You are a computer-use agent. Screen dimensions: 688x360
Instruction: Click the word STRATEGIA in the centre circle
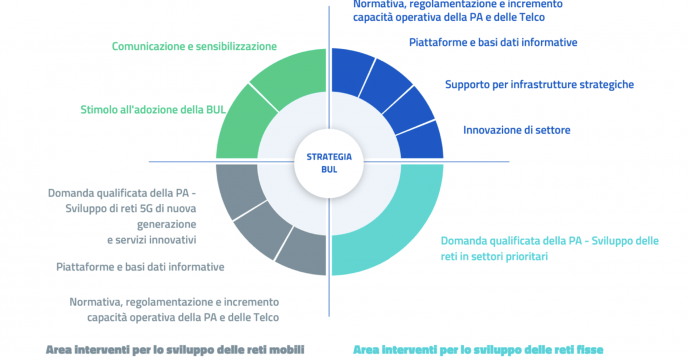click(329, 156)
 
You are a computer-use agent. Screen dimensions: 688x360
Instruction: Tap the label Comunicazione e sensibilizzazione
click(194, 46)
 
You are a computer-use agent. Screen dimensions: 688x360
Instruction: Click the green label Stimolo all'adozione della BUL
click(153, 109)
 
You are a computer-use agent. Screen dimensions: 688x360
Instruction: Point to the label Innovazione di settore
click(517, 130)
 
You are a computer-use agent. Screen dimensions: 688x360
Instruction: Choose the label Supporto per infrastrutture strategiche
click(540, 84)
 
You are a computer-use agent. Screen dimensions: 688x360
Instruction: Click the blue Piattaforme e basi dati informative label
click(493, 42)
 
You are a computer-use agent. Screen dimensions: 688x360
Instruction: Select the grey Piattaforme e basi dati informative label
click(140, 267)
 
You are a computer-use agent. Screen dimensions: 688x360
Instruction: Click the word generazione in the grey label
click(166, 225)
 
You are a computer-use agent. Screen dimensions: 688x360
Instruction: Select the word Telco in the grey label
click(266, 318)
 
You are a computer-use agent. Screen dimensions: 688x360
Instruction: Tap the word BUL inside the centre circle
click(329, 170)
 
